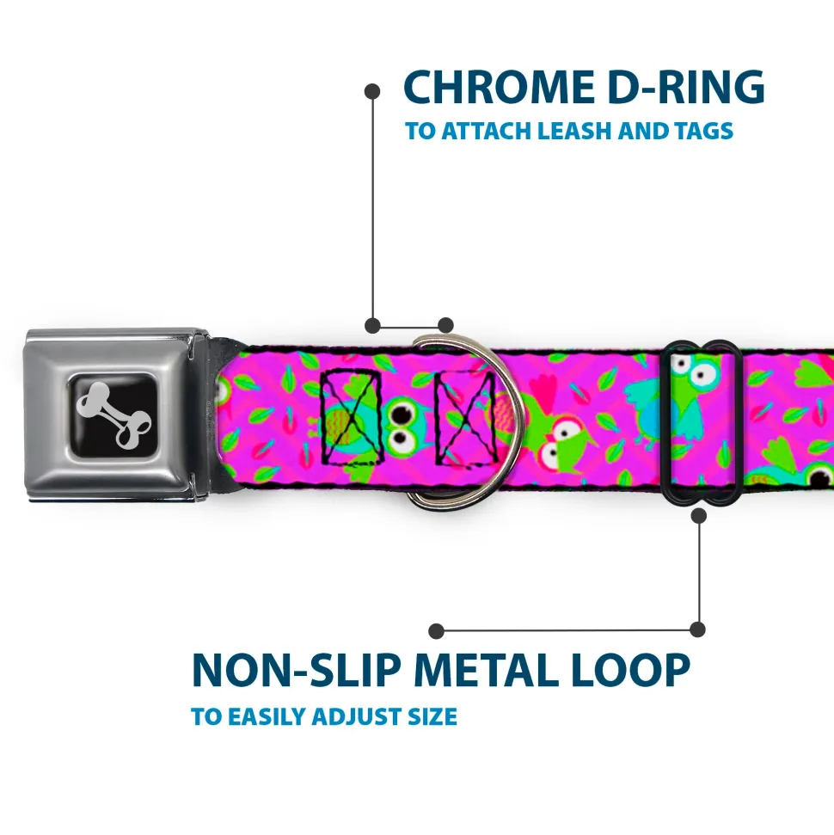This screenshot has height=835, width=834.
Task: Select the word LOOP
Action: pos(636,671)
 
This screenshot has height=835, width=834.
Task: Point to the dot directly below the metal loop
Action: pos(698,516)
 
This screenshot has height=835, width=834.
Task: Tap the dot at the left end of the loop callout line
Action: pos(436,631)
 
